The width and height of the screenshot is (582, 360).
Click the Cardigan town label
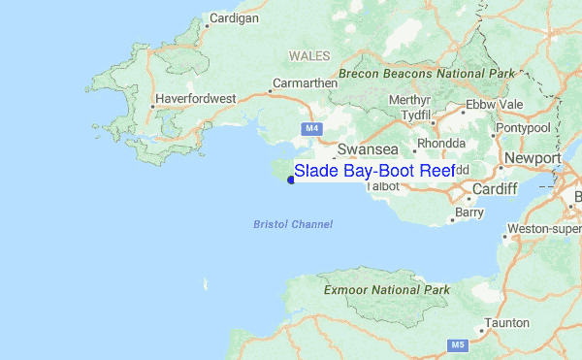click(x=235, y=18)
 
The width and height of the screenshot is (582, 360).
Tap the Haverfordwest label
click(x=197, y=98)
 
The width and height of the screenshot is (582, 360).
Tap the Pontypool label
click(x=524, y=127)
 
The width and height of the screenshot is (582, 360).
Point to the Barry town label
click(x=469, y=212)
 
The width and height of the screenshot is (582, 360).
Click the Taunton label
click(x=507, y=322)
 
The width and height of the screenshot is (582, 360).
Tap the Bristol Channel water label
click(x=292, y=224)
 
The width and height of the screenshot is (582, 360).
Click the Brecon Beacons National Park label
click(x=426, y=74)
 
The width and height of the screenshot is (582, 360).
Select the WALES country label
click(x=309, y=55)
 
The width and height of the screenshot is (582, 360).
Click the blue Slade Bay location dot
click(x=291, y=179)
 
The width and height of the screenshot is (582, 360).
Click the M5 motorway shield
click(x=454, y=344)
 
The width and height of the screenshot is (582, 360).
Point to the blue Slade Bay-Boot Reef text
click(x=374, y=171)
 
